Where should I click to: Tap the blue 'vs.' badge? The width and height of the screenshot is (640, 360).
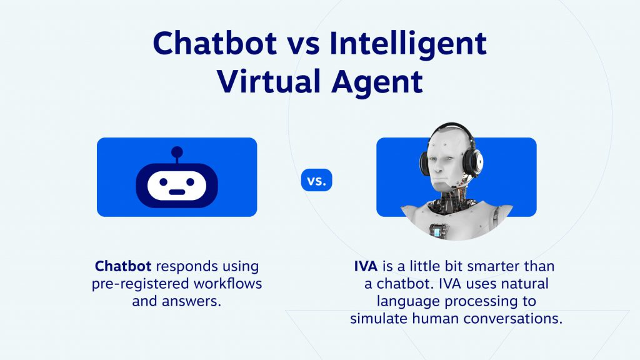tap(317, 181)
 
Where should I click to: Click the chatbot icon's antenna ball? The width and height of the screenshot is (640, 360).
tap(177, 151)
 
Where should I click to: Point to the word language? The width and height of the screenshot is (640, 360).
tap(406, 301)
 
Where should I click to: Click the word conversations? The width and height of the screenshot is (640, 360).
tap(512, 318)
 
